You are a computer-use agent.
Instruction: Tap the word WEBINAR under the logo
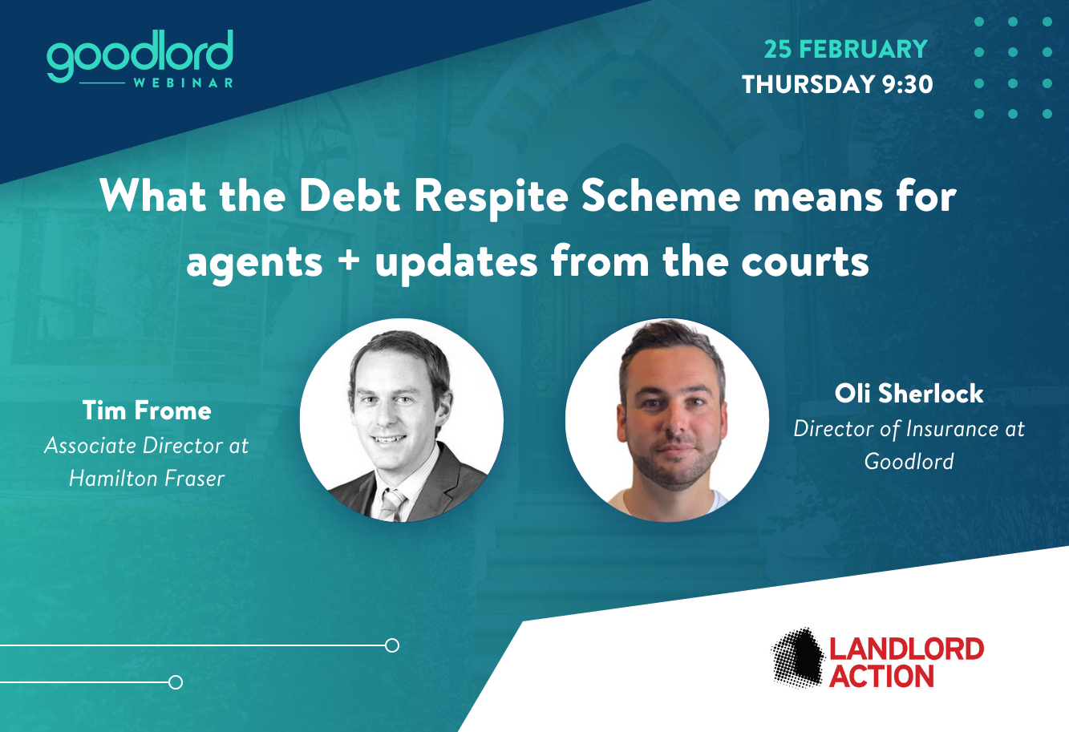(x=184, y=83)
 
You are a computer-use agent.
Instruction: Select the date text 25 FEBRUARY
(x=845, y=49)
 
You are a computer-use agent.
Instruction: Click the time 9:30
(x=907, y=84)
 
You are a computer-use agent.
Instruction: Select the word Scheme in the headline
(x=661, y=196)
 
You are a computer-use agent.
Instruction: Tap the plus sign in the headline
(x=350, y=262)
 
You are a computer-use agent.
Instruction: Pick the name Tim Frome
(x=147, y=410)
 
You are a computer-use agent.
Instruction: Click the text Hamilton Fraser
(x=147, y=479)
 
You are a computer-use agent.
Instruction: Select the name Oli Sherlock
(x=909, y=394)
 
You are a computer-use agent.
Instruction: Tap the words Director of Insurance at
(x=909, y=428)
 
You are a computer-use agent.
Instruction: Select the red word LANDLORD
(x=907, y=649)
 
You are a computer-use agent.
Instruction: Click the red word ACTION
(x=881, y=677)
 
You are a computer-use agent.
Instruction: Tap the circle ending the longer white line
(x=392, y=645)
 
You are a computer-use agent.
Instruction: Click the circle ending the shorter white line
(x=176, y=682)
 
